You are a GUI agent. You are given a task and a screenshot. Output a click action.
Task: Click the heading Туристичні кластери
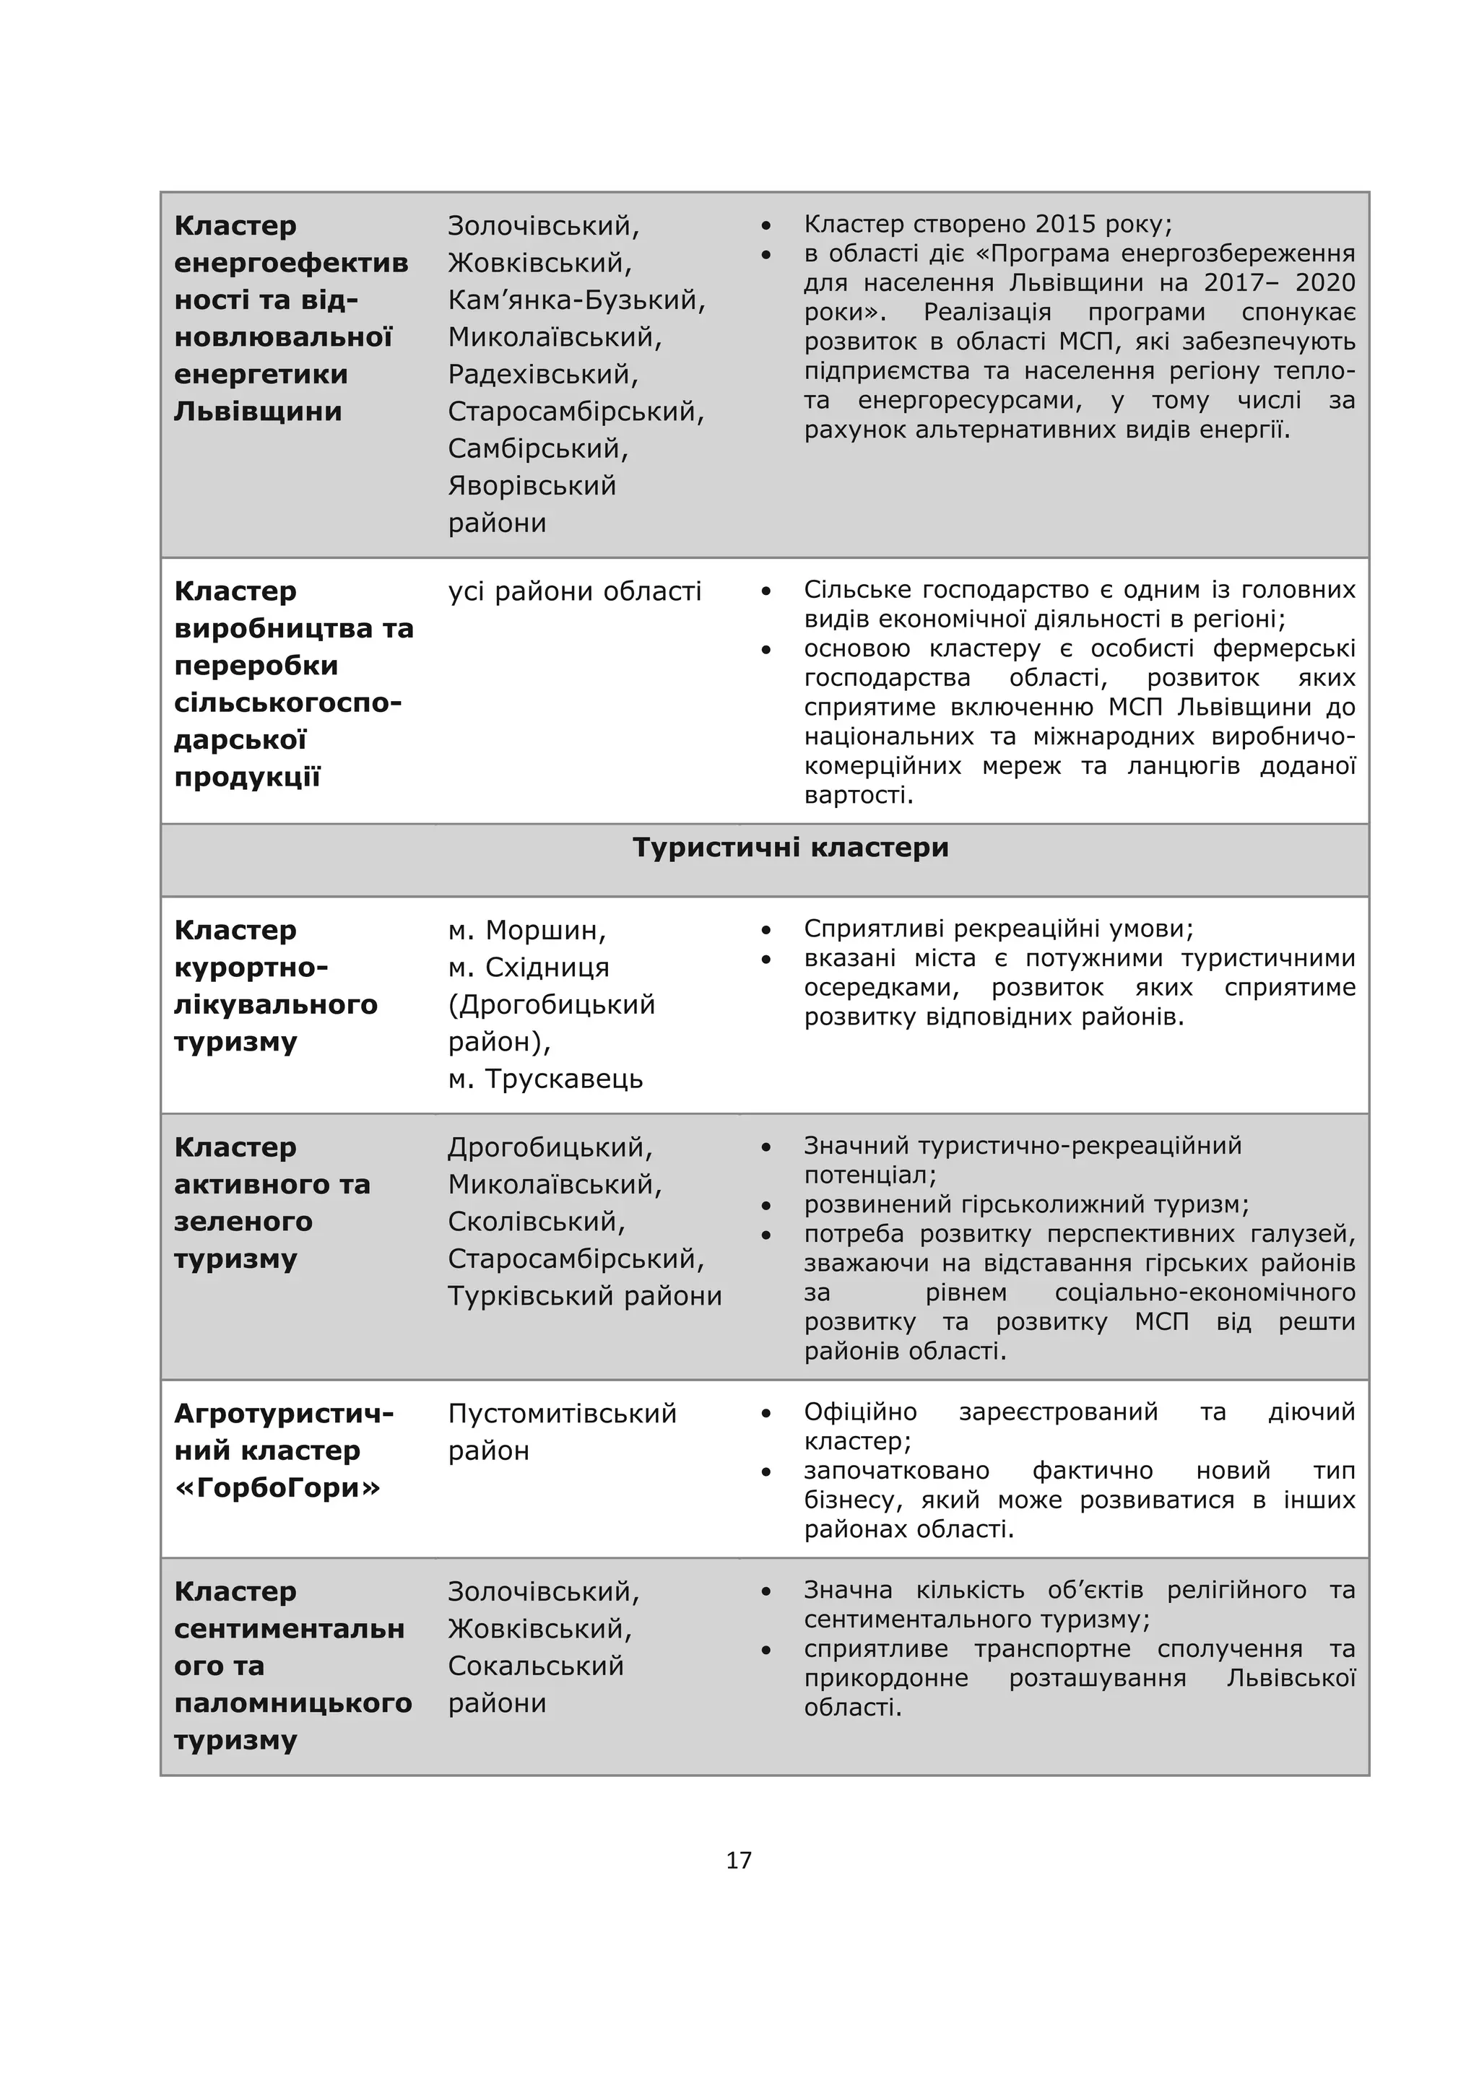(791, 848)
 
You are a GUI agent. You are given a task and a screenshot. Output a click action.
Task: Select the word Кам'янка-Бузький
(576, 300)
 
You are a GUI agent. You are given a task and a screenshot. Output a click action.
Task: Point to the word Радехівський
(543, 374)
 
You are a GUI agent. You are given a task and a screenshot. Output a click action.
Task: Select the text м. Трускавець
(545, 1079)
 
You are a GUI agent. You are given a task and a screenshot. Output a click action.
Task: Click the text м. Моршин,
(526, 931)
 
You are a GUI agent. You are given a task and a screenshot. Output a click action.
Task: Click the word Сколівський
(537, 1222)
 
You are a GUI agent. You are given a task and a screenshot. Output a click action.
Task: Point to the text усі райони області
(575, 592)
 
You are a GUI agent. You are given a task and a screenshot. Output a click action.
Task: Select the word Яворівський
(532, 485)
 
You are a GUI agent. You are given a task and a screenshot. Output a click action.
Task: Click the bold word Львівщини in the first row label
(258, 412)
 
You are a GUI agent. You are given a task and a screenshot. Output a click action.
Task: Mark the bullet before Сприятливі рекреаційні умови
(767, 931)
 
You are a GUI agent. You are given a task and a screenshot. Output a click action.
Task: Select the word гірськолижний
(1058, 1205)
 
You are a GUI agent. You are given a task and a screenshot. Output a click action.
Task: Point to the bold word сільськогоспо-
(288, 703)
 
